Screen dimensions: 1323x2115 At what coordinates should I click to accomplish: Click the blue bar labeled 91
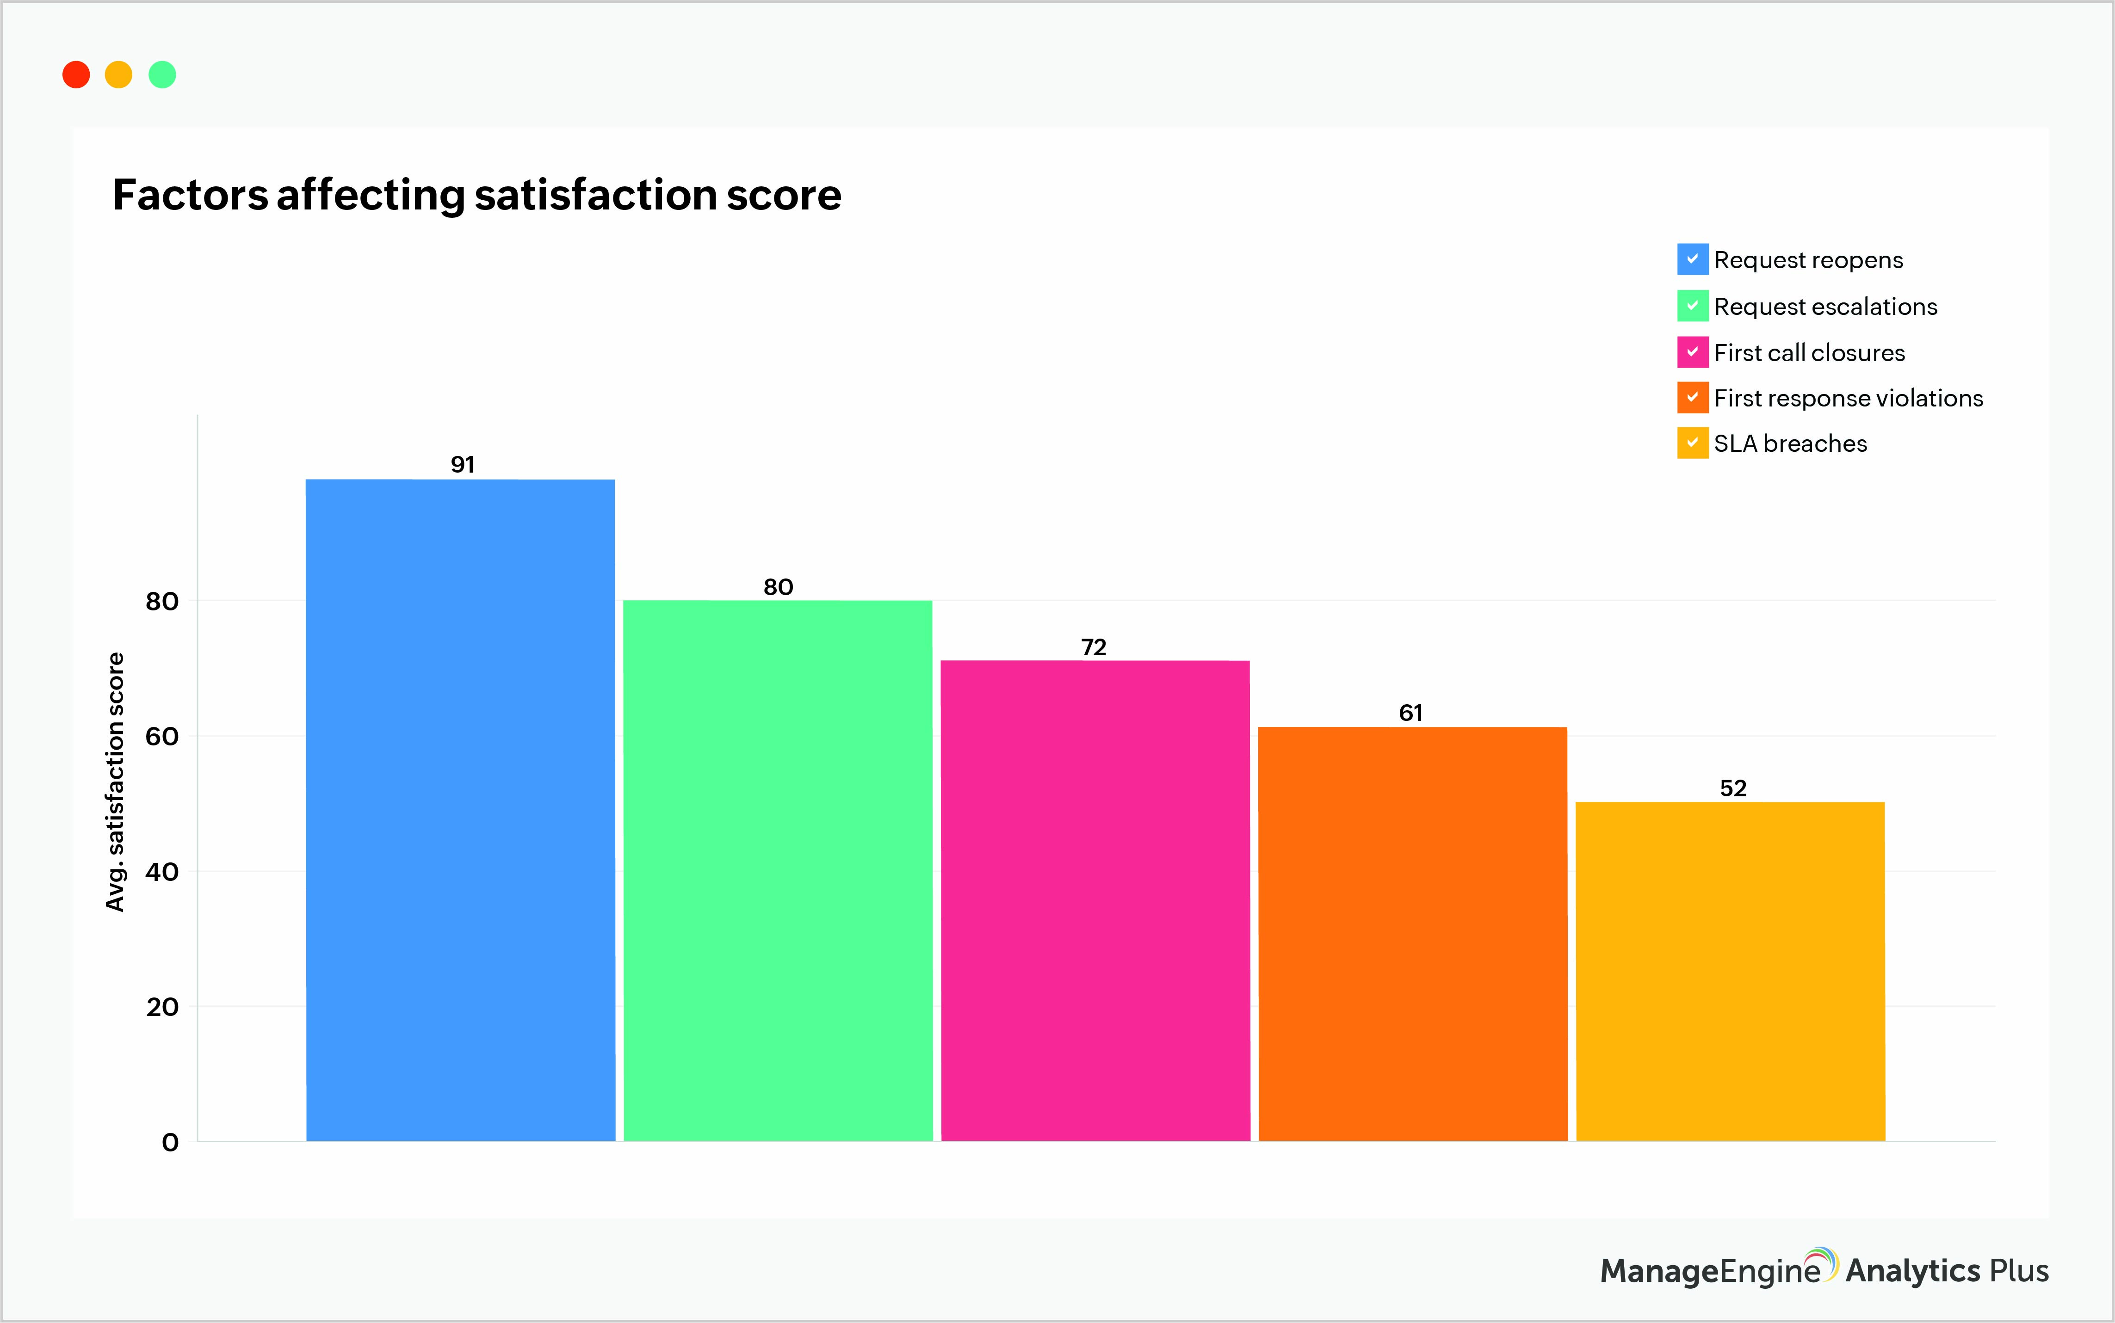[x=460, y=809]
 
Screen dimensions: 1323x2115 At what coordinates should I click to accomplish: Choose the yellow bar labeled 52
[x=1730, y=971]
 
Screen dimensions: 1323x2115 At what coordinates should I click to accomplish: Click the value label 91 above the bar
[x=462, y=465]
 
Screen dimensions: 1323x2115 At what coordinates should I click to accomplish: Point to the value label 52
[x=1732, y=788]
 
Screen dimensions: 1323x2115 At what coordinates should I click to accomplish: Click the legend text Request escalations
[x=1825, y=306]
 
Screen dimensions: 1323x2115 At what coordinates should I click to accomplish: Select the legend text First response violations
[x=1848, y=398]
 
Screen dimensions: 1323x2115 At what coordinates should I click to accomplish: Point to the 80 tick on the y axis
[x=162, y=601]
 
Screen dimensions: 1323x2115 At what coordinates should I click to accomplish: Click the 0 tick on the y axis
[x=170, y=1142]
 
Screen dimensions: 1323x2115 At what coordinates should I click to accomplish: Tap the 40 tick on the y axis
[x=162, y=872]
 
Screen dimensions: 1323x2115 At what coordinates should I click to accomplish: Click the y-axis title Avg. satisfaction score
[x=115, y=781]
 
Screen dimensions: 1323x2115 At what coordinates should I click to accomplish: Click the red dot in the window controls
[x=76, y=74]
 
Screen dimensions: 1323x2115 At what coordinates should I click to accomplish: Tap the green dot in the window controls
[x=162, y=74]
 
